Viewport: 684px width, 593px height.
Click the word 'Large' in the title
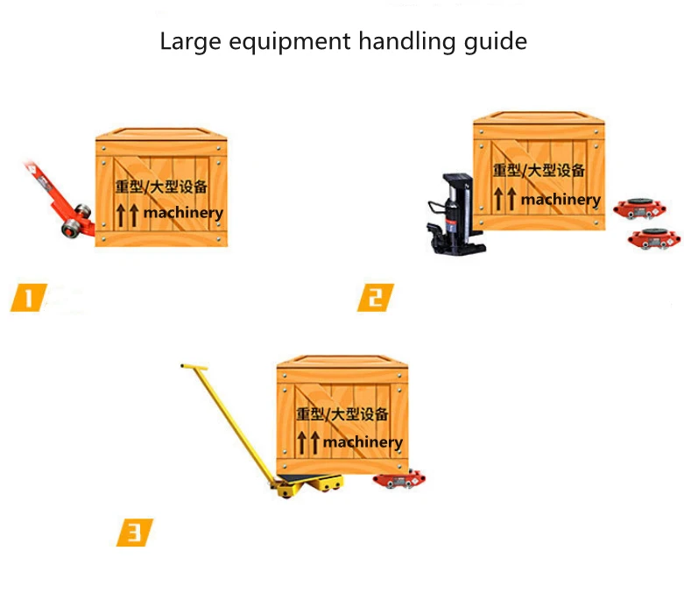[185, 41]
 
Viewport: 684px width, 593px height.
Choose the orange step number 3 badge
[134, 532]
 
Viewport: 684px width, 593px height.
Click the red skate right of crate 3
[399, 479]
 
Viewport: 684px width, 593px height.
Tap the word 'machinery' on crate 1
[183, 212]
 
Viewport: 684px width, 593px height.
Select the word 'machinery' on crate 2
[561, 200]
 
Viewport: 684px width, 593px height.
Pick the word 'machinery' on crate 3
[363, 442]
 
